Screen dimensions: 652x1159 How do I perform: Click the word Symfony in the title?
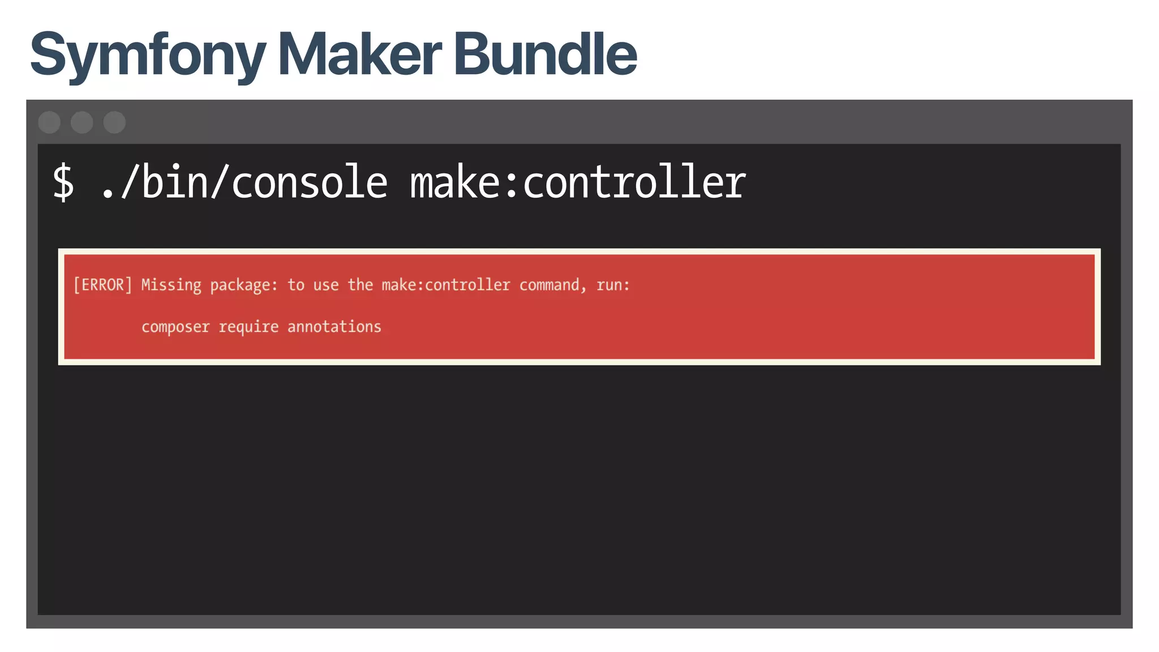pyautogui.click(x=148, y=55)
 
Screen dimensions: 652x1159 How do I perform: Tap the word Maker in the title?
pyautogui.click(x=359, y=54)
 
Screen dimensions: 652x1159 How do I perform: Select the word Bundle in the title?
pyautogui.click(x=545, y=54)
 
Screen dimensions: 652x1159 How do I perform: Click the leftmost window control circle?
pyautogui.click(x=49, y=122)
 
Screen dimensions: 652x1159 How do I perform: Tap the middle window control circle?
pyautogui.click(x=82, y=122)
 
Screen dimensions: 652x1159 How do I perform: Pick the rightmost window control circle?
pyautogui.click(x=114, y=122)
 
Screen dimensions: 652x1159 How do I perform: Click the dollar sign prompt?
pyautogui.click(x=63, y=182)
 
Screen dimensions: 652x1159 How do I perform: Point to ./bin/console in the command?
pyautogui.click(x=244, y=182)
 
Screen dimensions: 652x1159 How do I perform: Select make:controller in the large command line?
pyautogui.click(x=578, y=182)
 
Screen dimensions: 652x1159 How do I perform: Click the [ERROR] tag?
pyautogui.click(x=102, y=285)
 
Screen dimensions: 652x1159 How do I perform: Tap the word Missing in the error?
pyautogui.click(x=171, y=285)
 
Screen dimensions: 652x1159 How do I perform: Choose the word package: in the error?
pyautogui.click(x=244, y=285)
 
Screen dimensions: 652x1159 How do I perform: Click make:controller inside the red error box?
pyautogui.click(x=446, y=285)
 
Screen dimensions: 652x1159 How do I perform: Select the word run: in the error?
pyautogui.click(x=613, y=285)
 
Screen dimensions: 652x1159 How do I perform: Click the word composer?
pyautogui.click(x=175, y=327)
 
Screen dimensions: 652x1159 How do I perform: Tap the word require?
pyautogui.click(x=248, y=327)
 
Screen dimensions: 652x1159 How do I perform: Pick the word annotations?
pyautogui.click(x=334, y=327)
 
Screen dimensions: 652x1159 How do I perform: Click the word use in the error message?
pyautogui.click(x=326, y=285)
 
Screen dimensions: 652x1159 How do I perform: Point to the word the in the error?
pyautogui.click(x=360, y=285)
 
